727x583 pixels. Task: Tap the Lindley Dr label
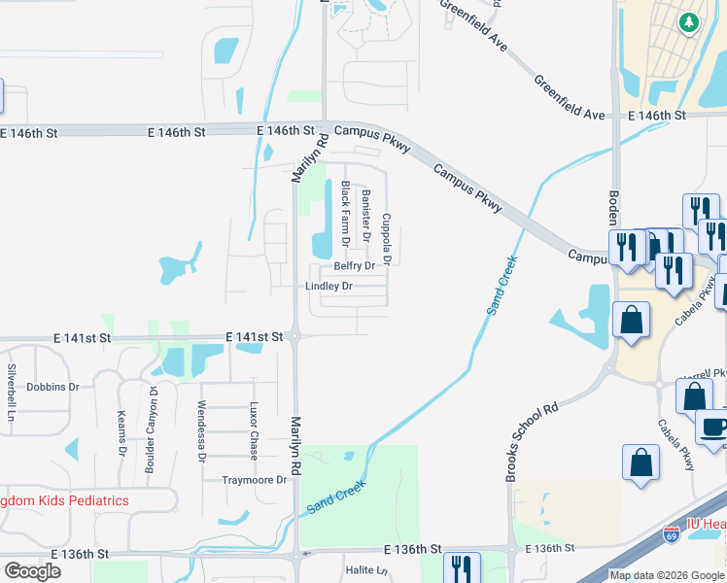(329, 287)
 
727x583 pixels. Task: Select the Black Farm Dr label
(345, 214)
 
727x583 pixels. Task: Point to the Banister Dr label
(366, 215)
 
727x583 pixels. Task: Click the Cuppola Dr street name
(387, 240)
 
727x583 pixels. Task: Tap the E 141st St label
(254, 336)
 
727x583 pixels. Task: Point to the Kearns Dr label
(122, 432)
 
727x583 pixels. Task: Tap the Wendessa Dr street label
(202, 429)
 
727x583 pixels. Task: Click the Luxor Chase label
(254, 430)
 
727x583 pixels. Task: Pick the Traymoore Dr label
(255, 480)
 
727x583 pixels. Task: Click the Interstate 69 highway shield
(671, 534)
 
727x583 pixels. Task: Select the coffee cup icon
(713, 428)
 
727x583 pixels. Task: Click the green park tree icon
(688, 21)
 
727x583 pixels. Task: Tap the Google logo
(31, 571)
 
